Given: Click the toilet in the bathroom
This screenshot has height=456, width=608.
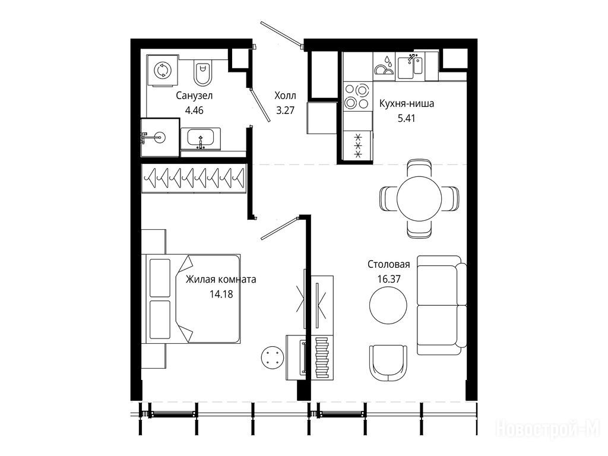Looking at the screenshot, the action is click(202, 73).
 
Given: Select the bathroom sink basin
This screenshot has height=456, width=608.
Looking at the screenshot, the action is click(200, 138).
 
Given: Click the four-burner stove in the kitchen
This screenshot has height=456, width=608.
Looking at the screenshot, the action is click(357, 96).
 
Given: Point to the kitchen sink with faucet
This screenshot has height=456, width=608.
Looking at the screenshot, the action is click(410, 66).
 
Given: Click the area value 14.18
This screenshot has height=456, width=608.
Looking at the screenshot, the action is click(221, 294).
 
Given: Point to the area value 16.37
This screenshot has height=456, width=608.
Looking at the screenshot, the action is click(388, 279).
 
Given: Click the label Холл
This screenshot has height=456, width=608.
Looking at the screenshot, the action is click(285, 96).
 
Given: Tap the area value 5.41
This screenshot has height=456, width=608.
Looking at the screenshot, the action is click(406, 118).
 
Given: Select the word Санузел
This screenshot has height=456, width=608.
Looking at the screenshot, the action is click(194, 96).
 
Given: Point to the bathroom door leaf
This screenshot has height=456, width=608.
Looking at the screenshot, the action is click(260, 105).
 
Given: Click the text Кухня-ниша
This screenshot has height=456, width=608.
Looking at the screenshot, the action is click(406, 103).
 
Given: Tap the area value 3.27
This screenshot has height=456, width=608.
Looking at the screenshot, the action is click(285, 110).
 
